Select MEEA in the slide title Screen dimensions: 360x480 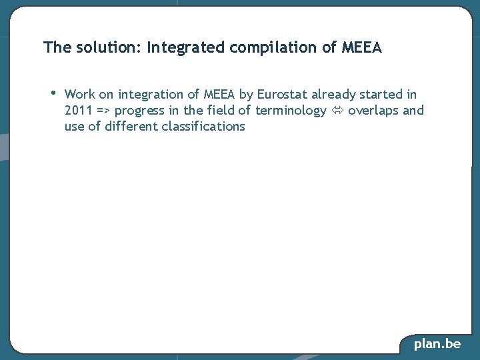point(361,48)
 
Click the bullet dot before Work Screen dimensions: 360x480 point(53,93)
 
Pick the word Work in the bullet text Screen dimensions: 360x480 point(80,95)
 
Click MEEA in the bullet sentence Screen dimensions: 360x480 point(220,95)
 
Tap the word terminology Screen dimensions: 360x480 point(291,111)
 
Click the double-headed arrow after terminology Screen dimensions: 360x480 point(337,111)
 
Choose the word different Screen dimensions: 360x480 point(131,127)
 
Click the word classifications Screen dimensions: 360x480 point(203,127)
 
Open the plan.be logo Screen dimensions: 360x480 point(437,344)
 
